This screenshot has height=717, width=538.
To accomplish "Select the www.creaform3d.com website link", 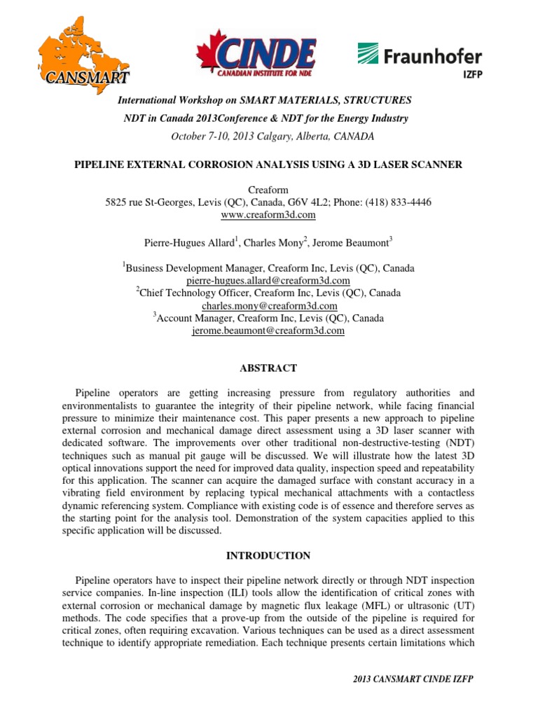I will (x=268, y=214).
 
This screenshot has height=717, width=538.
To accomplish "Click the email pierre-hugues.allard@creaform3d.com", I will (x=268, y=280).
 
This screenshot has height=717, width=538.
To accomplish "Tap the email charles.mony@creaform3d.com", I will (x=268, y=306).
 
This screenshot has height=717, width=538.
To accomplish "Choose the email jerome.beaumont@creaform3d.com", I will (x=268, y=331).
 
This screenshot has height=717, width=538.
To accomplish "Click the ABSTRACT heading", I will (x=268, y=368).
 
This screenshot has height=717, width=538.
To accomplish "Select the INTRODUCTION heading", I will (x=268, y=555).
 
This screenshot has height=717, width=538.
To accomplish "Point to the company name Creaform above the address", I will (x=268, y=190).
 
